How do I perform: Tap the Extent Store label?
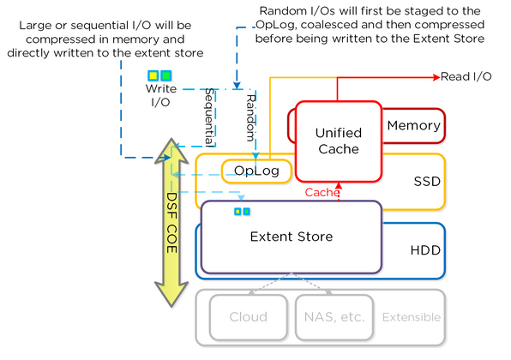click(x=292, y=237)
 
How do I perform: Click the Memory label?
click(x=413, y=125)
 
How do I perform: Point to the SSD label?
click(x=427, y=182)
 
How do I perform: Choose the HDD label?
click(x=425, y=250)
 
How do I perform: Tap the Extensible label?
click(x=412, y=317)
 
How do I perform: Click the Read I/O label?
click(x=466, y=76)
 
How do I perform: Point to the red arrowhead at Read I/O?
click(x=436, y=77)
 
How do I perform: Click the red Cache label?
click(x=322, y=193)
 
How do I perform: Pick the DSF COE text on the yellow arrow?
click(x=171, y=223)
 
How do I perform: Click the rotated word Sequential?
click(x=209, y=117)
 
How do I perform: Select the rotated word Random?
click(x=250, y=117)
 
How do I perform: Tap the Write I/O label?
click(x=161, y=95)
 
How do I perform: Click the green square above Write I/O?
click(x=166, y=76)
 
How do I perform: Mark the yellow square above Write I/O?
click(x=153, y=76)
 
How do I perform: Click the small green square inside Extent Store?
click(x=247, y=212)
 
